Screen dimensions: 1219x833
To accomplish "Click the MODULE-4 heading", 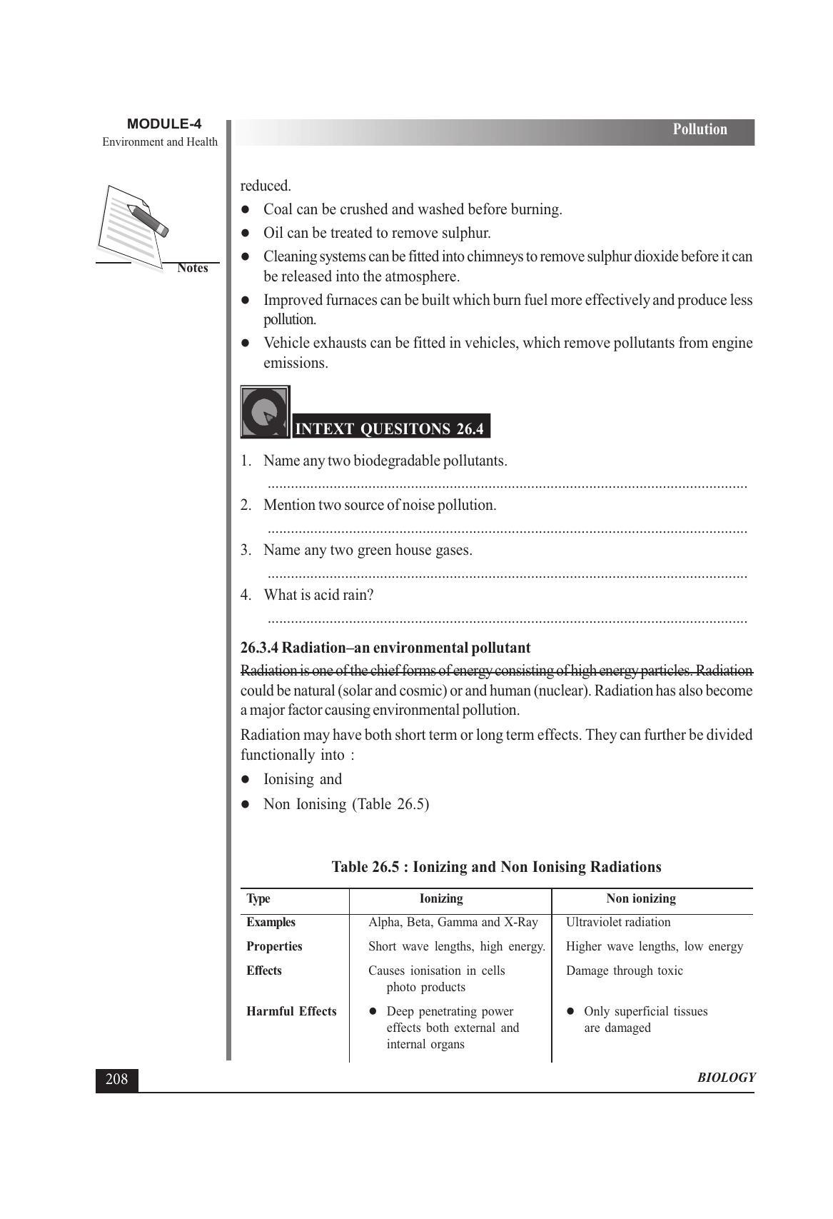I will coord(163,124).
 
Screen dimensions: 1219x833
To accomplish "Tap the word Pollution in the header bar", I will coord(700,129).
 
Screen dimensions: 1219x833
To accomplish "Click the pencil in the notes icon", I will coord(148,220).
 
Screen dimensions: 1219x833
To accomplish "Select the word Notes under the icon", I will coord(193,268).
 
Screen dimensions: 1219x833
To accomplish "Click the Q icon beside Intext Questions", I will coord(265,412).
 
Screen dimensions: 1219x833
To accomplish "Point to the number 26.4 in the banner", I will coord(470,429).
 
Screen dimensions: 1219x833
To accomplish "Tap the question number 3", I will coord(246,550).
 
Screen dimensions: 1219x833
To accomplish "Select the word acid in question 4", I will coord(327,595).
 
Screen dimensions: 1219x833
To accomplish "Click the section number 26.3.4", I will coord(259,648).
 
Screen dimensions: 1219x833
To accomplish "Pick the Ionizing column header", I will coord(441,898).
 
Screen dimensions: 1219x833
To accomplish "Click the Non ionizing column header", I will coord(640,898).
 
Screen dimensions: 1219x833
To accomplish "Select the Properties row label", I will coord(274,946).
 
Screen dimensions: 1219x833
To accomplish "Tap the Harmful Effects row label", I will coord(291,1011).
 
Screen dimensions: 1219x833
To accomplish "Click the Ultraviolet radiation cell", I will coord(618,922).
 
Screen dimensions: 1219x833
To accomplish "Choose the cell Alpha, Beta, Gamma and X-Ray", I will coord(453,922).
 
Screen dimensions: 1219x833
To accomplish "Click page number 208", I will coord(116,1079).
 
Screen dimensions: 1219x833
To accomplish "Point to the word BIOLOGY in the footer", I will coord(726,1078).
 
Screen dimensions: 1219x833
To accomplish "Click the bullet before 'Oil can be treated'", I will coord(245,233).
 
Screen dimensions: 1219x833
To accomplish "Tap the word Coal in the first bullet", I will coord(278,209).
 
